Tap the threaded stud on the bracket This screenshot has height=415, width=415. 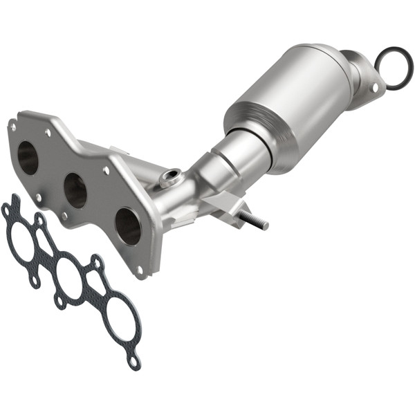pyautogui.click(x=256, y=221)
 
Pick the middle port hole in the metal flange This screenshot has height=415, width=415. pyautogui.click(x=75, y=191)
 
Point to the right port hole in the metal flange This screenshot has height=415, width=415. pyautogui.click(x=128, y=225)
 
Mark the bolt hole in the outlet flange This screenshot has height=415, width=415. pyautogui.click(x=374, y=88)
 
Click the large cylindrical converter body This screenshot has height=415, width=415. pyautogui.click(x=290, y=104)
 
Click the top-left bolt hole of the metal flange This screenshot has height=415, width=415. pyautogui.click(x=12, y=127)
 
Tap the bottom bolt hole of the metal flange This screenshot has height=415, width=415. pyautogui.click(x=140, y=270)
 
